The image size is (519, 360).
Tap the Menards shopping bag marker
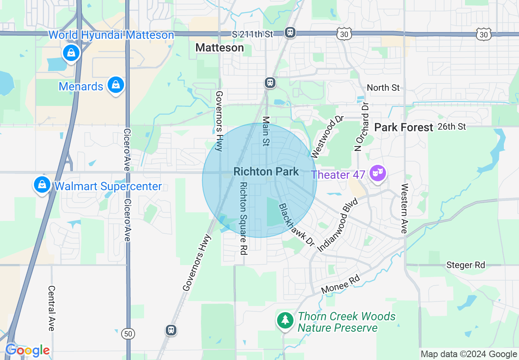tap(116, 85)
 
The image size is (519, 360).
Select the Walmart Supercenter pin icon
tap(42, 184)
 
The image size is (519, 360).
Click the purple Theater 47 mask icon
tap(376, 174)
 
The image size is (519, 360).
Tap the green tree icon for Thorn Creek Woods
tap(285, 320)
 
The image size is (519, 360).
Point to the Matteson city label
tap(219, 47)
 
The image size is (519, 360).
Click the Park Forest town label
tap(404, 127)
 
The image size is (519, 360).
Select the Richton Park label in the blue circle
tap(266, 171)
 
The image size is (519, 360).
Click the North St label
tap(383, 88)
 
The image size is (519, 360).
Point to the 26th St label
tap(451, 126)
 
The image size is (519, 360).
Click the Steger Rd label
tap(466, 265)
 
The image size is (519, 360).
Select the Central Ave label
tap(51, 308)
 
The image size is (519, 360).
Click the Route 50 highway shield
tap(129, 333)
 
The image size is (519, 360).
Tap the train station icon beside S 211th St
tap(290, 32)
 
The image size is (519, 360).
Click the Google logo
tap(27, 351)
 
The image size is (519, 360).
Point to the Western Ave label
tap(404, 209)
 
